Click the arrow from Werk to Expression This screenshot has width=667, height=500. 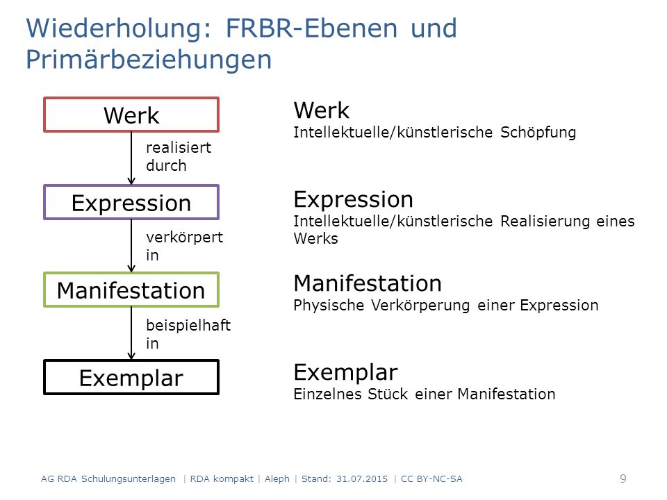pyautogui.click(x=131, y=158)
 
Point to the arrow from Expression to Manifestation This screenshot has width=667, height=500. pyautogui.click(x=131, y=246)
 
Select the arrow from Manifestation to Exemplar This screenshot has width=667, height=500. pyautogui.click(x=131, y=333)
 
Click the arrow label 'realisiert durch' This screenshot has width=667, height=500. pyautogui.click(x=179, y=156)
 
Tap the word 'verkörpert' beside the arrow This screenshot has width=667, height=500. pyautogui.click(x=184, y=237)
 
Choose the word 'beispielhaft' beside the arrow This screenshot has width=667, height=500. pyautogui.click(x=188, y=326)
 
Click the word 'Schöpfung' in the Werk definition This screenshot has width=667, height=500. pyautogui.click(x=538, y=132)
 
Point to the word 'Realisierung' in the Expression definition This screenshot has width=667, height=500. pyautogui.click(x=545, y=222)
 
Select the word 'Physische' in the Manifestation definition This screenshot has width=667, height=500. pyautogui.click(x=329, y=306)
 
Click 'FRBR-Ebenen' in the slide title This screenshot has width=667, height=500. pyautogui.click(x=311, y=28)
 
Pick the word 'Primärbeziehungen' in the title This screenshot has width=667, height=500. pyautogui.click(x=149, y=60)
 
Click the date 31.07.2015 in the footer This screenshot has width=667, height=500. pyautogui.click(x=362, y=478)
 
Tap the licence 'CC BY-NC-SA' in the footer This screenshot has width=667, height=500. pyautogui.click(x=431, y=478)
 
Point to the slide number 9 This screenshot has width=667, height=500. pyautogui.click(x=623, y=478)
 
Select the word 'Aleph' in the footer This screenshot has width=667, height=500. pyautogui.click(x=277, y=479)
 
